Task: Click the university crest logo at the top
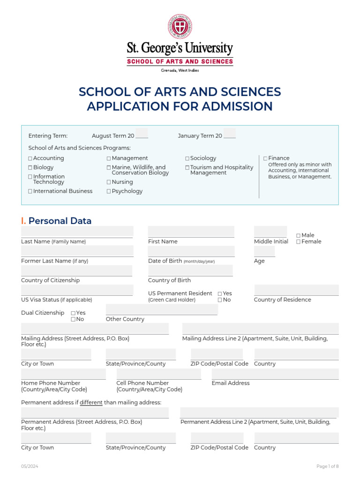(x=180, y=26)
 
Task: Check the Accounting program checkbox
(x=30, y=159)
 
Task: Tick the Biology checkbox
(x=30, y=168)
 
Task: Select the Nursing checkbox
(x=109, y=182)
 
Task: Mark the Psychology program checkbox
(x=109, y=192)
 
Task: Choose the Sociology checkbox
(x=187, y=159)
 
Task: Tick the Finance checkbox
(x=265, y=159)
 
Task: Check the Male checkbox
(x=298, y=236)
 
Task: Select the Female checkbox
(x=298, y=242)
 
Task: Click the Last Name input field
(x=77, y=232)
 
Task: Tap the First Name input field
(x=191, y=232)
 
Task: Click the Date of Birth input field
(x=191, y=251)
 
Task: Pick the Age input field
(x=264, y=251)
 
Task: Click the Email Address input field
(x=275, y=374)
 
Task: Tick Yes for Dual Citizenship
(x=73, y=313)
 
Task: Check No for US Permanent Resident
(x=220, y=300)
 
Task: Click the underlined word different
(x=91, y=403)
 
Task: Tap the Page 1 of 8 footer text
(x=327, y=466)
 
